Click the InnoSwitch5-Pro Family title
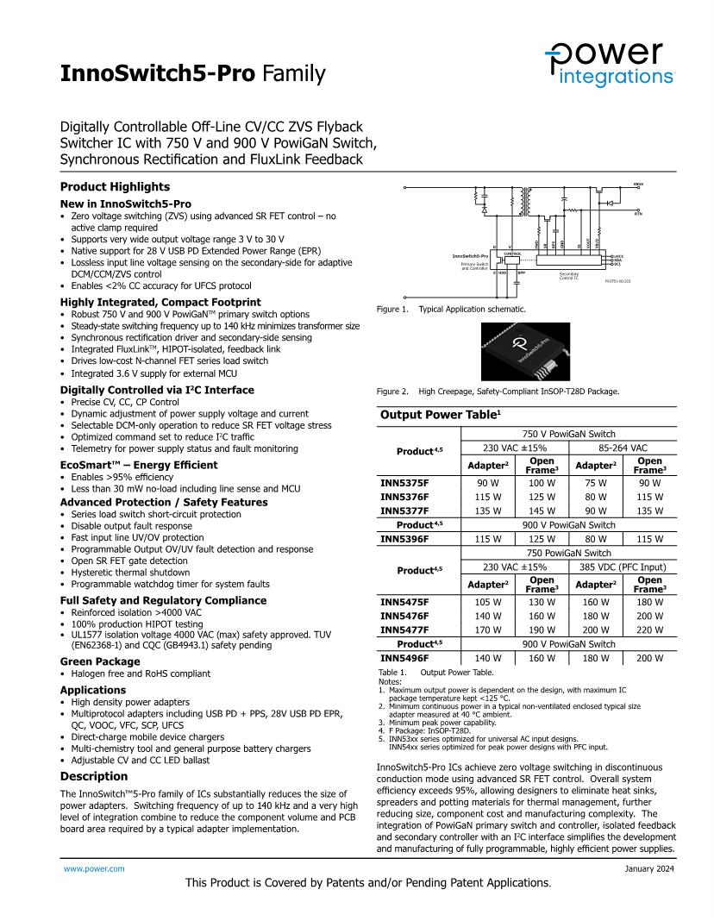tap(192, 74)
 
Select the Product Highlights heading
tap(115, 187)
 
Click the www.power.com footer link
tap(94, 868)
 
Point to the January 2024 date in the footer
tap(649, 868)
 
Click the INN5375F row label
tap(404, 484)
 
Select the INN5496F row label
tap(404, 659)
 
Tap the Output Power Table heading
tap(441, 415)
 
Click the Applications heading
tap(92, 690)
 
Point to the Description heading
tap(93, 776)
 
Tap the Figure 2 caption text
tap(498, 392)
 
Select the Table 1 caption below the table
tap(435, 672)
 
